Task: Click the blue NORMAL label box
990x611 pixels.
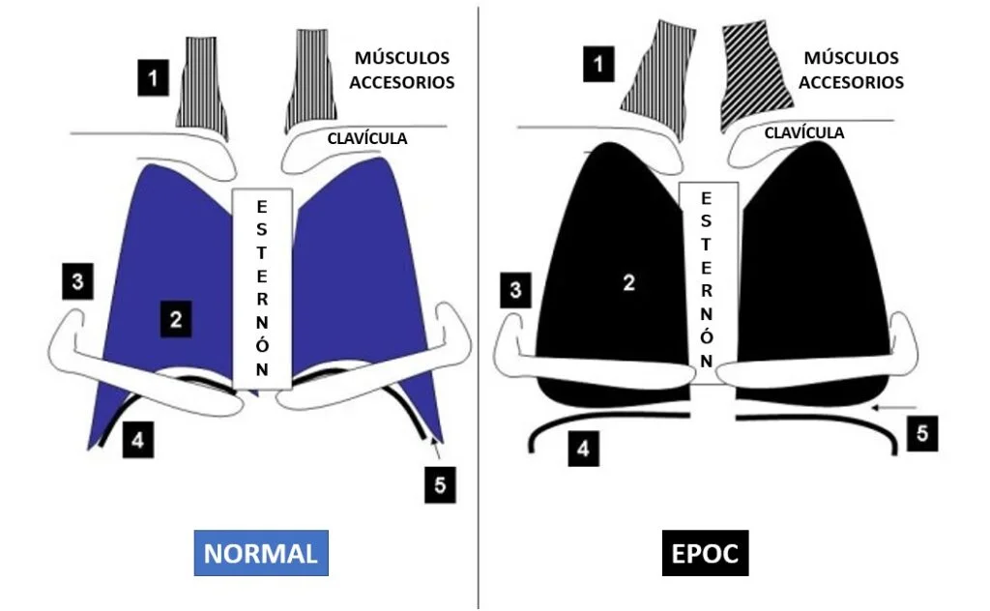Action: (260, 553)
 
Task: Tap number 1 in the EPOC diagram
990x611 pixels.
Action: (599, 66)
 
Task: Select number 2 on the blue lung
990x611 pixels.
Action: (175, 319)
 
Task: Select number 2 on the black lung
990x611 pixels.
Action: (628, 282)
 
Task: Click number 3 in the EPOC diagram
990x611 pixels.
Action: (516, 289)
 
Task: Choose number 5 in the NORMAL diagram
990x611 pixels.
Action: (440, 485)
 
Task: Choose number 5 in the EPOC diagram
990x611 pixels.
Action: (921, 434)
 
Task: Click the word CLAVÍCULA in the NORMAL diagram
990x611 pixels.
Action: (367, 138)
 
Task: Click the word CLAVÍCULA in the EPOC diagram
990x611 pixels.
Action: (804, 132)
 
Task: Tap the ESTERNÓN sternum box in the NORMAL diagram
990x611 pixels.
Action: (261, 288)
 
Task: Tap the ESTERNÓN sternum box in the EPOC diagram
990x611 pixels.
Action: (708, 280)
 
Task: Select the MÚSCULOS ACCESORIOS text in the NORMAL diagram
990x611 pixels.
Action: (401, 70)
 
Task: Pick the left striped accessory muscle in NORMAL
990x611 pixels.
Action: (201, 81)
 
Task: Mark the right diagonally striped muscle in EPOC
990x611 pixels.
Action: (754, 77)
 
